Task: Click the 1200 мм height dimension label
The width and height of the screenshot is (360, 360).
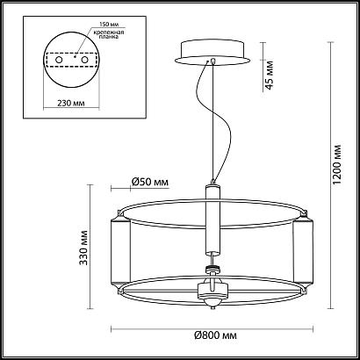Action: (337, 180)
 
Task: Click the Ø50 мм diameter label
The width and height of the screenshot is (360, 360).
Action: (149, 183)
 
